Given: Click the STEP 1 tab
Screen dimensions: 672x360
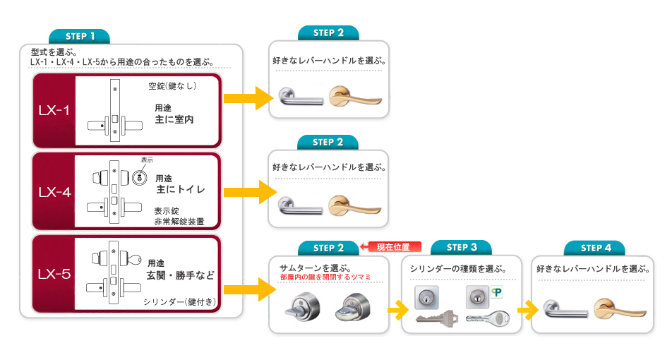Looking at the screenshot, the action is (79, 37).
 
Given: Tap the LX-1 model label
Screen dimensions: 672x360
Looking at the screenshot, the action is (54, 111).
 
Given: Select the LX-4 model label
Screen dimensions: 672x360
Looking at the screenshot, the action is (54, 192).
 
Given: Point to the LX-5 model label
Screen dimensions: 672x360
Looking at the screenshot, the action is (54, 274).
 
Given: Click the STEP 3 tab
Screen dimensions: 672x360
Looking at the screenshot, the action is (461, 248).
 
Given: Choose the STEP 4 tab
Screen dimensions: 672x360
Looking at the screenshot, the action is (595, 248).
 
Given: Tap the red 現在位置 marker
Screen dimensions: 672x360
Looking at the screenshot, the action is (391, 247).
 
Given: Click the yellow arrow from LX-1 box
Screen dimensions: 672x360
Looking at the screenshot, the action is (248, 98).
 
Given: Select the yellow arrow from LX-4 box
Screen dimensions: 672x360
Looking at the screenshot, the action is (250, 192).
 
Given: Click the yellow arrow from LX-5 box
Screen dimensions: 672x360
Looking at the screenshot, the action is (250, 289).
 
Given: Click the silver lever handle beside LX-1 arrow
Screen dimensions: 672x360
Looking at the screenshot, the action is (300, 97).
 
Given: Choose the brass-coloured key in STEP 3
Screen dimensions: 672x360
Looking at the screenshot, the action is (436, 318).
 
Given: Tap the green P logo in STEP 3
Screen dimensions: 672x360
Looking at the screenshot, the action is (496, 293).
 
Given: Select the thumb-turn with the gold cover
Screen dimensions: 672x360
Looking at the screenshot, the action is (353, 308).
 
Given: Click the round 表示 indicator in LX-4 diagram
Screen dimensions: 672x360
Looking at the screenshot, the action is (139, 177).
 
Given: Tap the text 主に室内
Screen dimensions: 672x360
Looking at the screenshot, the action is (174, 119).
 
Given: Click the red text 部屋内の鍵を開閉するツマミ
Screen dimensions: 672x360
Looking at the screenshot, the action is (325, 277).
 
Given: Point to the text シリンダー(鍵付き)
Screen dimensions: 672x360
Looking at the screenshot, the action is (179, 301).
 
